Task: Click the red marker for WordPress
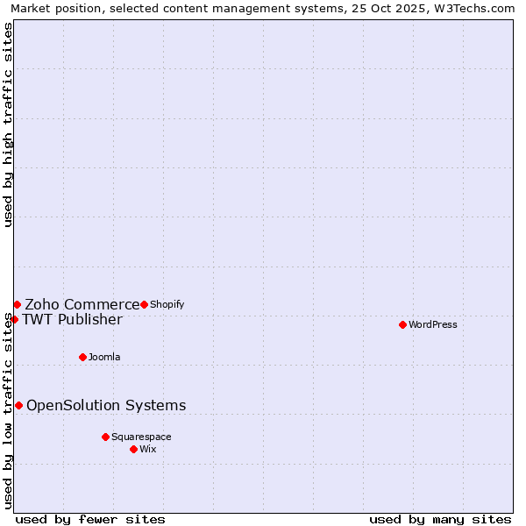point(402,324)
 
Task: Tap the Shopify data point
point(144,304)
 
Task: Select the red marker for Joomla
point(82,357)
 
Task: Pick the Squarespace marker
point(105,437)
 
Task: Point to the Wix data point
point(133,449)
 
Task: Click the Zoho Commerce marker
point(17,304)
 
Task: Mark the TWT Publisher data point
point(14,319)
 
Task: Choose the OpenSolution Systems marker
point(18,405)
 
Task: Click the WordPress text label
point(433,325)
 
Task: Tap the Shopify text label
point(167,305)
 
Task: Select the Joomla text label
point(104,358)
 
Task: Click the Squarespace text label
point(141,437)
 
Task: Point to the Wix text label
point(147,450)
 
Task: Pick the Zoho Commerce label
point(82,305)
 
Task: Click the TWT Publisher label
point(72,319)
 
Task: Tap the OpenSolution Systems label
point(106,405)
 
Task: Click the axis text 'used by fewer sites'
point(90,519)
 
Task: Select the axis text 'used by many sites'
point(440,519)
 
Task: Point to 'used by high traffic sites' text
point(9,124)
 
